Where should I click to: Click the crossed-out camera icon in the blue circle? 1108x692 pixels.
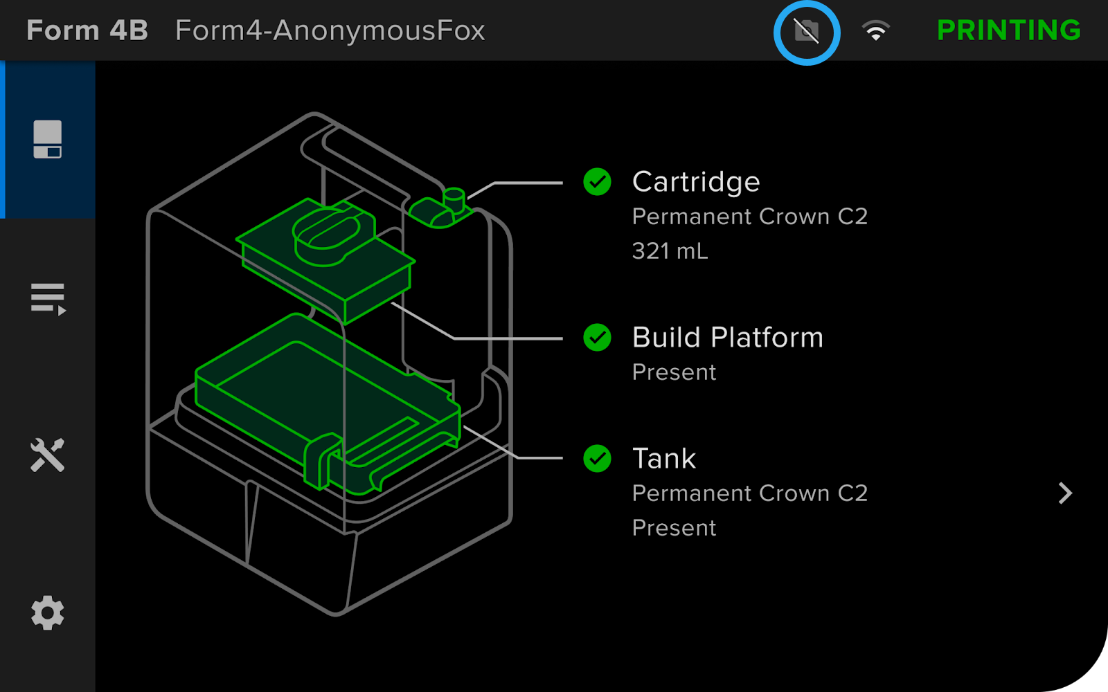point(806,31)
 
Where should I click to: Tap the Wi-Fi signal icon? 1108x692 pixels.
point(875,31)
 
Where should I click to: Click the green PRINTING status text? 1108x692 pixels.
point(1008,30)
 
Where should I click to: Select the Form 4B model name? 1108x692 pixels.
point(87,30)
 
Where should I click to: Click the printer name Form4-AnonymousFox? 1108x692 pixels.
point(330,30)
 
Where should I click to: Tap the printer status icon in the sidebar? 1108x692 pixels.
point(47,139)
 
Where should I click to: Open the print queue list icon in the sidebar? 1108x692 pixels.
point(48,298)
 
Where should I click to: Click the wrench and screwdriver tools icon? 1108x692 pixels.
point(47,455)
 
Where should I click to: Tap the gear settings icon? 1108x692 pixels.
point(47,612)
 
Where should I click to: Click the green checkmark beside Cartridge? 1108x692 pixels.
point(597,182)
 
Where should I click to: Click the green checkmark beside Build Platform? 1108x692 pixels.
point(597,338)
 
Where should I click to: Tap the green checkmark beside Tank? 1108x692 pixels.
point(597,458)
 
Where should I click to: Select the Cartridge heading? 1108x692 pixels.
point(695,182)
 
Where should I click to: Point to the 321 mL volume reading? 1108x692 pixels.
point(670,251)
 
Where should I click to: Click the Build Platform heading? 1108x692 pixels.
point(727,338)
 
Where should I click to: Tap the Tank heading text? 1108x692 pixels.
point(663,458)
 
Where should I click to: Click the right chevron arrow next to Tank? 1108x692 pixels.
point(1065,493)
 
